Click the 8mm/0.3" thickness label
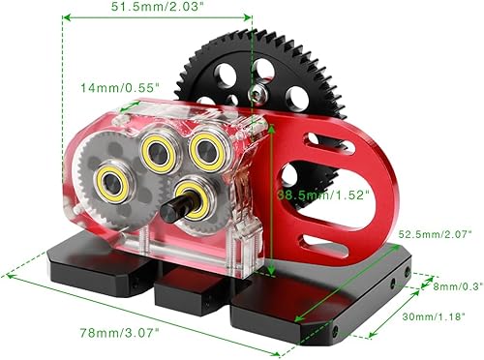click(455, 285)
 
